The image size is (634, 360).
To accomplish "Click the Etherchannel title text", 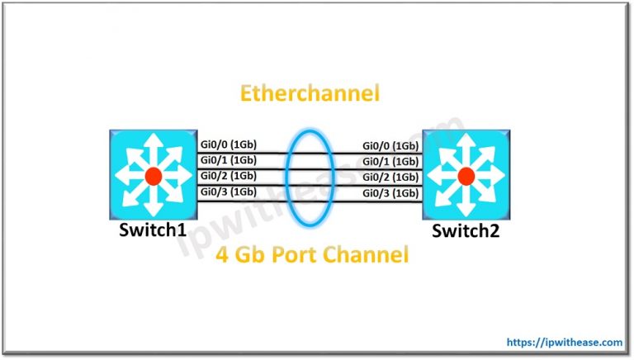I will click(310, 94).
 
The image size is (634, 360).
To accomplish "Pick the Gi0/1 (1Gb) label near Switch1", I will click(228, 160).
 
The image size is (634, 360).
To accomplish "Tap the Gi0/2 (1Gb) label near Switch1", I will click(228, 176).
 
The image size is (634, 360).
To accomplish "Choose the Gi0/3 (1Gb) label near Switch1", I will click(228, 192).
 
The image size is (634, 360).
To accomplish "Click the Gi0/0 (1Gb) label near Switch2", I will click(390, 146).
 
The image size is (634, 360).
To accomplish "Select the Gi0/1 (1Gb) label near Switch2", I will click(390, 162).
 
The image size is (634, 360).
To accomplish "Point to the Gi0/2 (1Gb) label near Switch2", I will click(390, 178).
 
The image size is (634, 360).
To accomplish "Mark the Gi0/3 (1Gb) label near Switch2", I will click(390, 193).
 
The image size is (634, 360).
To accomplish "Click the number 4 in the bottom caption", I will click(221, 256).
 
